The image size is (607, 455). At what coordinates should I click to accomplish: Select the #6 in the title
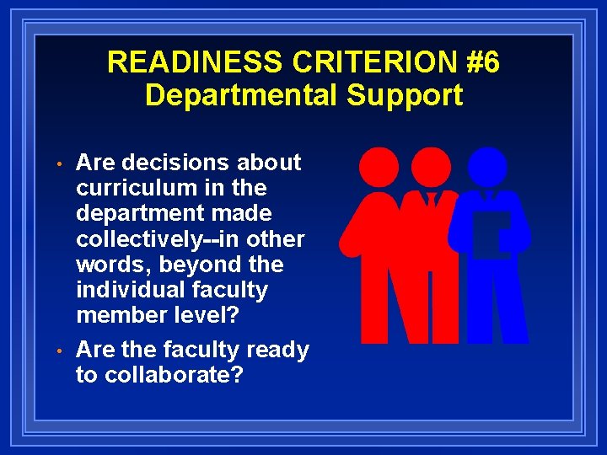pos(477,62)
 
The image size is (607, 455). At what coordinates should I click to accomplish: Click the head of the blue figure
pos(488,165)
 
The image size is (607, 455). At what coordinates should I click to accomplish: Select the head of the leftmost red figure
pos(379,165)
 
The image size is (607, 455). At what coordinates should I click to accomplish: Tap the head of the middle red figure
pos(432,165)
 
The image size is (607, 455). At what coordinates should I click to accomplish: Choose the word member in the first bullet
pos(121,315)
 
